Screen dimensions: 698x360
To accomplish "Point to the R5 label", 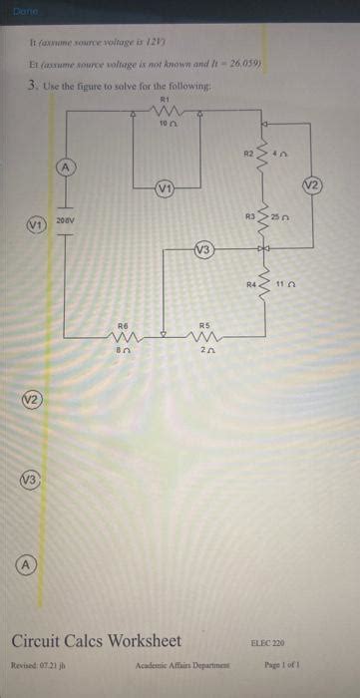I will pyautogui.click(x=205, y=325).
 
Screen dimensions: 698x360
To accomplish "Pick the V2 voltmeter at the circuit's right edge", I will pyautogui.click(x=311, y=184).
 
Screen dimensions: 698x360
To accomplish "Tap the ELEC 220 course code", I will pyautogui.click(x=269, y=644).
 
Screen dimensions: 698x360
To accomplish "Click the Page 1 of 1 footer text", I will pyautogui.click(x=282, y=664).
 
